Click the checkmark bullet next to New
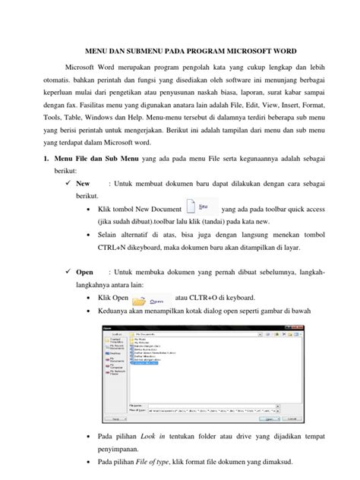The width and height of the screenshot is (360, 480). tap(70, 205)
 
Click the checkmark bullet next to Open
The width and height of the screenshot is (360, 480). tap(70, 293)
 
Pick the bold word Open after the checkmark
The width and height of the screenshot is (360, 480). tap(84, 293)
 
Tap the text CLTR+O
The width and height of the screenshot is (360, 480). tap(204, 320)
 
